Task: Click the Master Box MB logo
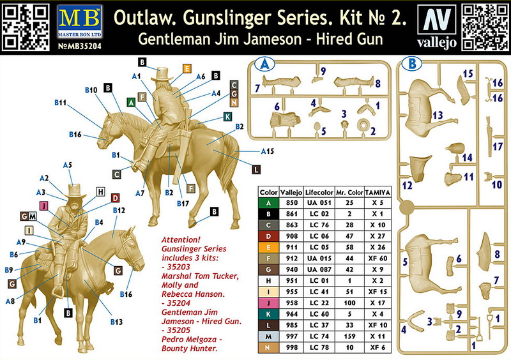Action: (79, 21)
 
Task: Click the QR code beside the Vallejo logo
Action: (485, 27)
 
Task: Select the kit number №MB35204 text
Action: (79, 46)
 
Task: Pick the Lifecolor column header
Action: (319, 193)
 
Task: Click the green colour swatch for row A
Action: (268, 203)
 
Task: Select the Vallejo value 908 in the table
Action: (292, 236)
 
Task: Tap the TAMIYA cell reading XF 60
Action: (378, 259)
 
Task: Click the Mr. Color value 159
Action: (349, 336)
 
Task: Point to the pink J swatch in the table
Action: (268, 303)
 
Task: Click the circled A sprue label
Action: (264, 64)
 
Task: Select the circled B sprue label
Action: (411, 64)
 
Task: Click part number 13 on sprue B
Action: (438, 115)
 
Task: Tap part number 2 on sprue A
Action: (373, 131)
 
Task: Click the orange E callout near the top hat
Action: (187, 69)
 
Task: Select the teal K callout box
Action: (228, 117)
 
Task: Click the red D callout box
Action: (115, 198)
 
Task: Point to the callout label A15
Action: (268, 151)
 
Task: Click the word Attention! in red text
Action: (181, 240)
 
